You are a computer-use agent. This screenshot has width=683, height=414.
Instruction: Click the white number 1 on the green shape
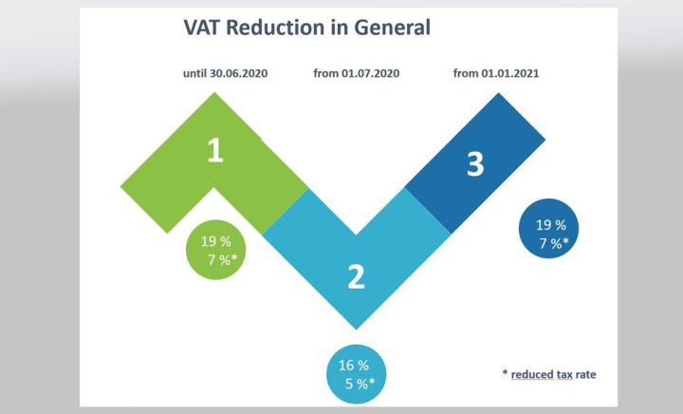215,152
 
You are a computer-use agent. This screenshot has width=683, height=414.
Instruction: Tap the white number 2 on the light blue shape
356,276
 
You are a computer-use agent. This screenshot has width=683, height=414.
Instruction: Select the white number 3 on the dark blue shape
475,164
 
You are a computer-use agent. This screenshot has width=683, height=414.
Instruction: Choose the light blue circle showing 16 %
357,372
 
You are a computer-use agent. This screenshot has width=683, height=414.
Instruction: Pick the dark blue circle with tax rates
551,234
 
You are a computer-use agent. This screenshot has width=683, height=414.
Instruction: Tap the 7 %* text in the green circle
221,259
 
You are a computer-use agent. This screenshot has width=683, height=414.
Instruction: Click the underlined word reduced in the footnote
534,374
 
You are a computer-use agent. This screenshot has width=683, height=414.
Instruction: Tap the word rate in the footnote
585,374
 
